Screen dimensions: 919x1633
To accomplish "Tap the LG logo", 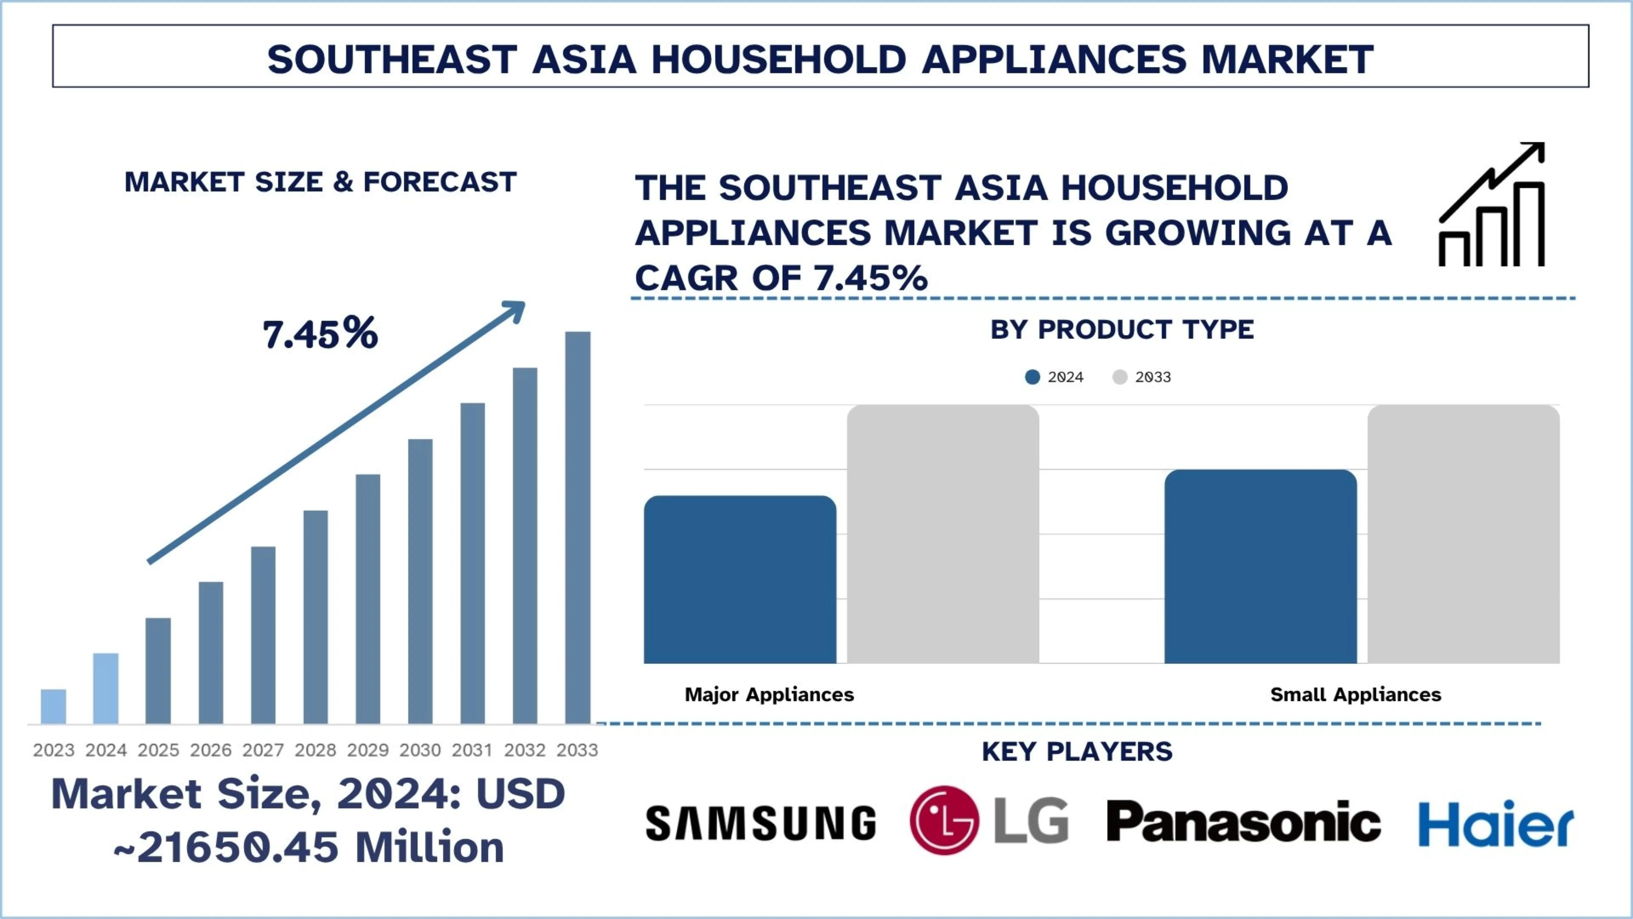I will pos(989,821).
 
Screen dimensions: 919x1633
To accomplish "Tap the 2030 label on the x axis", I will pos(420,750).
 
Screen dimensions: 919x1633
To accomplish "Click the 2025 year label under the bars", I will pos(158,750).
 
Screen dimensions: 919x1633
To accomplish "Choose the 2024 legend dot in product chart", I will pos(1032,377).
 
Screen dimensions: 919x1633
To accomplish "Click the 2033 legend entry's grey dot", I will pos(1120,377).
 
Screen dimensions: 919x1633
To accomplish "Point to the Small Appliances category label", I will pos(1355,694).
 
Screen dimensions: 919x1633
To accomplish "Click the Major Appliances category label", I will pos(769,694).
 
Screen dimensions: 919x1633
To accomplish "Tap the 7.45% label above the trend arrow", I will pos(320,334).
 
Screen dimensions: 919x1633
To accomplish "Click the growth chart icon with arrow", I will pos(1492,204).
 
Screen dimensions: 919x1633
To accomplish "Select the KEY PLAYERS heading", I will pos(1076,752).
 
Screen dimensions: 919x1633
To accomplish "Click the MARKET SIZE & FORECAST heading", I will pos(320,182).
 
